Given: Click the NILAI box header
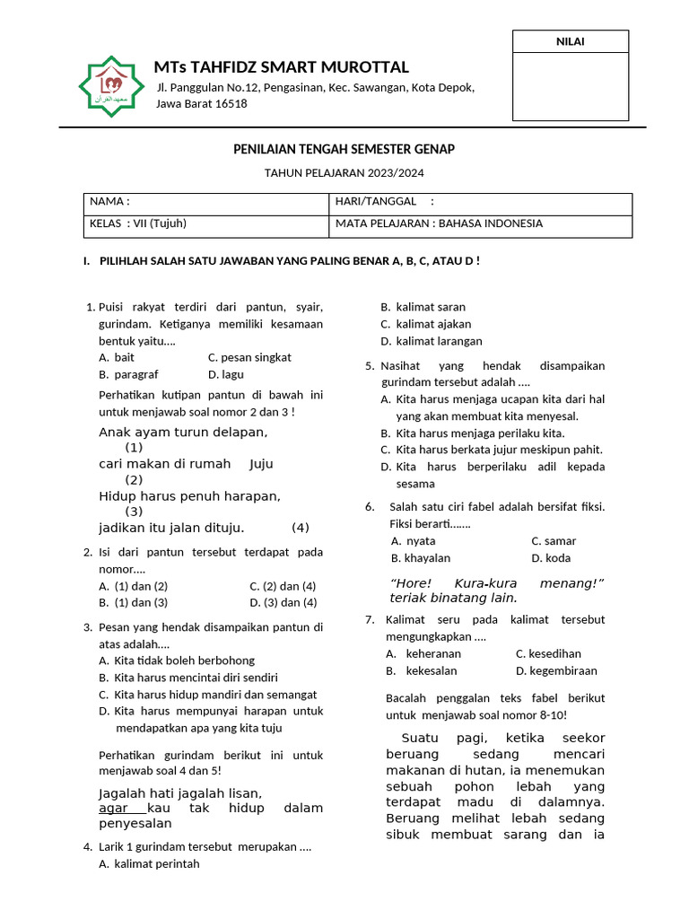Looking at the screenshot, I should pos(570,41).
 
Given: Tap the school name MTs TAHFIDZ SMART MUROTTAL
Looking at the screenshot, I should pos(282,67).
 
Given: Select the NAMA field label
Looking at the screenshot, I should pos(109,202).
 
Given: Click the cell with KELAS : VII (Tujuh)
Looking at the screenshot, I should pos(138,223).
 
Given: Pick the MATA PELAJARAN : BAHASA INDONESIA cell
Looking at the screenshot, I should pos(438,223).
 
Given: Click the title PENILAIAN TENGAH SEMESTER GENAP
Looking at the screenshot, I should pos(344,149).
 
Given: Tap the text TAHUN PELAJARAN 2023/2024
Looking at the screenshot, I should pos(344,172).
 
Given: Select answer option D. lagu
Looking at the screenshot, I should pos(226,374).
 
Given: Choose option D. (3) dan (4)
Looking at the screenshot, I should pos(283,602).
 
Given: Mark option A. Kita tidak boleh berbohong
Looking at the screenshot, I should pos(177,660).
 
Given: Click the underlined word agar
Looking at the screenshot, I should pos(114,808).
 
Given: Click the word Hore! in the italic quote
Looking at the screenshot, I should pos(412,583).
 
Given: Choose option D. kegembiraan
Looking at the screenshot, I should pos(556,670).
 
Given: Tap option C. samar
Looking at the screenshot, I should pos(554,541).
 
